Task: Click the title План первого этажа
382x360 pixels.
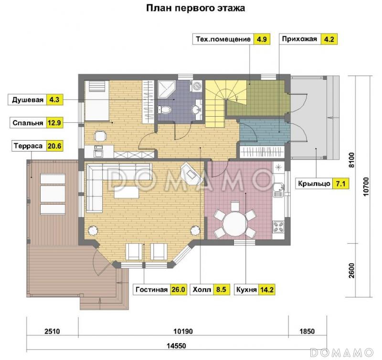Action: click(x=195, y=8)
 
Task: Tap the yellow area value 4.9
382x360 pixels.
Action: click(x=261, y=39)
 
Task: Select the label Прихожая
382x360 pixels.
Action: click(x=299, y=39)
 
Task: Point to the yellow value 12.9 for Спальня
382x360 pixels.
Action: click(x=54, y=123)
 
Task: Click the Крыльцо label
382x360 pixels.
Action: click(x=312, y=183)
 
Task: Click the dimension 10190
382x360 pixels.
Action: click(x=183, y=330)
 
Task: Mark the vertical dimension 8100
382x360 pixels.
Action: click(x=351, y=159)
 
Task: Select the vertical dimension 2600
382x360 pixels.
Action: click(x=351, y=270)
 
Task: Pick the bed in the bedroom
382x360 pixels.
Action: click(x=97, y=101)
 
